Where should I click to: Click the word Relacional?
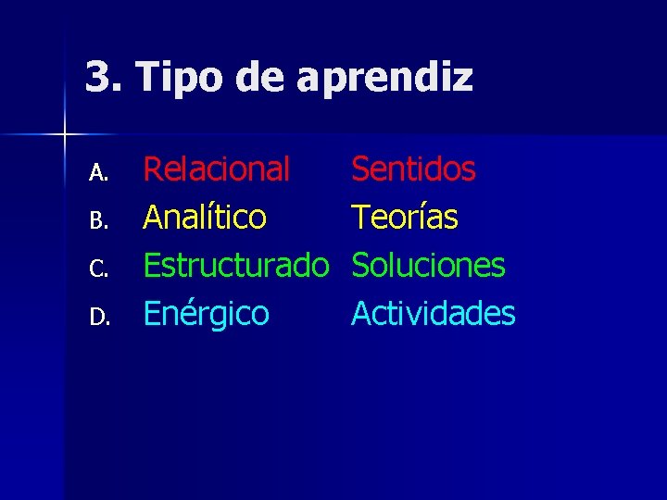216,169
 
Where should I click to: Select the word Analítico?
204,218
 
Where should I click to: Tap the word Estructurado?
236,267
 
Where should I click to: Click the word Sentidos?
413,169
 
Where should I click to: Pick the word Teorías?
404,218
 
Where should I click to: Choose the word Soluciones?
428,267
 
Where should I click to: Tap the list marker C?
99,269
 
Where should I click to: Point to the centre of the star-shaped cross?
65,135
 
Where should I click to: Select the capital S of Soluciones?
361,267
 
